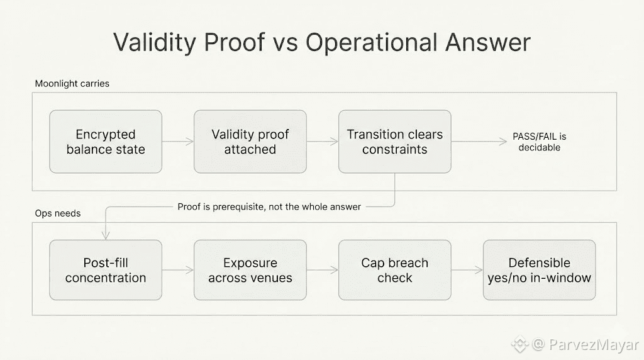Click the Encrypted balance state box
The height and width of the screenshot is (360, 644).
tap(106, 142)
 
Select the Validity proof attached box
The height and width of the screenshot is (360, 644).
tap(250, 142)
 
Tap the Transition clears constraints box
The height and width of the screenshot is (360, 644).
tap(395, 142)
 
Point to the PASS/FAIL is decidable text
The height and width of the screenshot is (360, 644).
tap(539, 142)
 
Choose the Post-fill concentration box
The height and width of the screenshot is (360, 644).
tap(106, 270)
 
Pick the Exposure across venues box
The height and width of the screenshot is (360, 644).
tap(250, 270)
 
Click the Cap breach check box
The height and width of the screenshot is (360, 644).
tap(395, 270)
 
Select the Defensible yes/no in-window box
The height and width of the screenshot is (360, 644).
tap(539, 270)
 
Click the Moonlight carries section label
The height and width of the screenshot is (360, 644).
tap(72, 84)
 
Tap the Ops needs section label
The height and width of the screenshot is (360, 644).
tap(57, 213)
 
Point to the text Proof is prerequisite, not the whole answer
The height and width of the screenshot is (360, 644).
tap(269, 206)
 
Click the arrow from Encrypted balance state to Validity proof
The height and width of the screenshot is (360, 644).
tap(178, 142)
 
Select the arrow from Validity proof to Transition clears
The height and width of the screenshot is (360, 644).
tap(323, 142)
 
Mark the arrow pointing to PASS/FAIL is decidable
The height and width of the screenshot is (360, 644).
tap(479, 142)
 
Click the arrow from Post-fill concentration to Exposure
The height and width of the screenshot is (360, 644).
tap(178, 270)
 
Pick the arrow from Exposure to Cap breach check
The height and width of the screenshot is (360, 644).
tap(323, 270)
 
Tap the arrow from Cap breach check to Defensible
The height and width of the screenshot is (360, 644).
tap(467, 270)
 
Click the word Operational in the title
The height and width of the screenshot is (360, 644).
tap(372, 42)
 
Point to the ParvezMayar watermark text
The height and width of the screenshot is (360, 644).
tap(594, 344)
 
